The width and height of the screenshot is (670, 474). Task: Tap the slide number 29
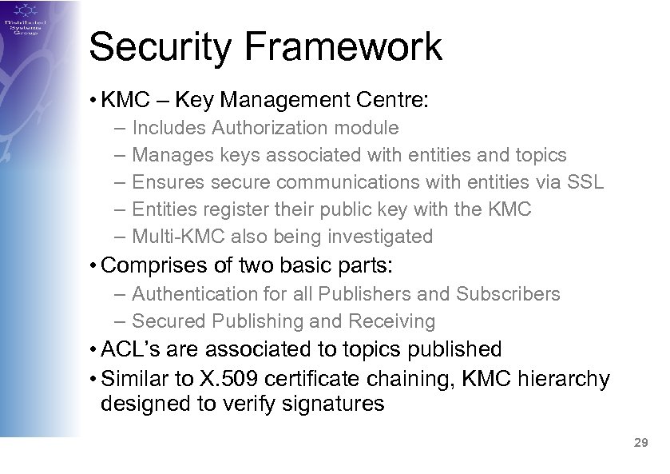[639, 442]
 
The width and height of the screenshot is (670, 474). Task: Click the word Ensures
[168, 181]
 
